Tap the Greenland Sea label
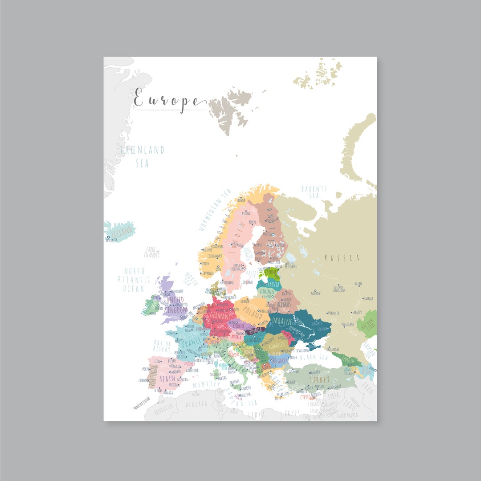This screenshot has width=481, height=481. [142, 156]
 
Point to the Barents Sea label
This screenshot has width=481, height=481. [314, 192]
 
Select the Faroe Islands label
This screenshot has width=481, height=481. [151, 253]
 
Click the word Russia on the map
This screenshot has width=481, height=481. [342, 257]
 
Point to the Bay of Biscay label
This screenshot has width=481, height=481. [162, 346]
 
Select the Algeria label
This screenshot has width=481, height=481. [196, 404]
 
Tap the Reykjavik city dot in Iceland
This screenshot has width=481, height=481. [107, 238]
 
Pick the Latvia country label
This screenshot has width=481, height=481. [273, 284]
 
